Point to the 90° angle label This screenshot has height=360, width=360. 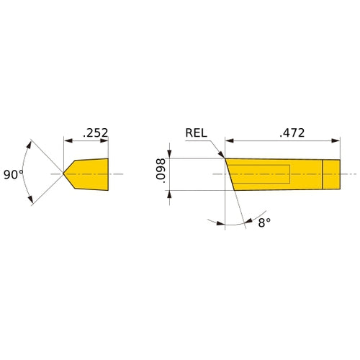14,174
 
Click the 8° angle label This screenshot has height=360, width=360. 264,222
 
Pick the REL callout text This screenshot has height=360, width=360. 197,132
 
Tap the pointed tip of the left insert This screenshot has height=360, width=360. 62,174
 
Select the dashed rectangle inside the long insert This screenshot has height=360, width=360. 259,174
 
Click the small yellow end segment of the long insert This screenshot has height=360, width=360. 330,174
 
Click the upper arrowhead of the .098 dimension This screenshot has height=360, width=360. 170,153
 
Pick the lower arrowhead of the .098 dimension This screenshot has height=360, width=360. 170,194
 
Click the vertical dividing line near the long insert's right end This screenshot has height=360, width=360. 322,174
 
